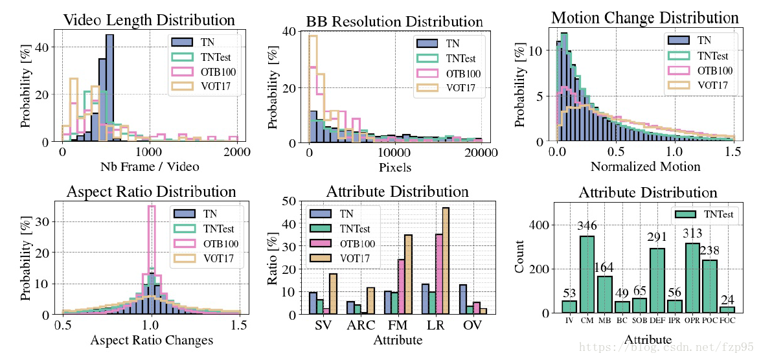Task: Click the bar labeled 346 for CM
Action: tap(587, 274)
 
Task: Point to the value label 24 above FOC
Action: tap(727, 300)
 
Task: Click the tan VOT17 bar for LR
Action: tap(446, 261)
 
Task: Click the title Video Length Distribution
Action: tap(148, 20)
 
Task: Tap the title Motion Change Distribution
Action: tap(644, 17)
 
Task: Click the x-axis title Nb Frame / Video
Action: tap(150, 166)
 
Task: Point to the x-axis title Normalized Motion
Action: tap(645, 166)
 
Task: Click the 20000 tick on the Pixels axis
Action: tap(481, 153)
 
